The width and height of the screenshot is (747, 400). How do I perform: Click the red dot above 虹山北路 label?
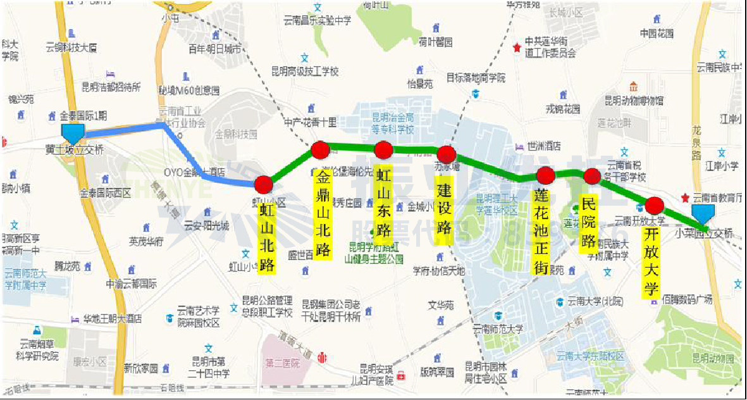(264, 185)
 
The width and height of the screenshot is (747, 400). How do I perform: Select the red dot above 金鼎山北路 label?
(320, 150)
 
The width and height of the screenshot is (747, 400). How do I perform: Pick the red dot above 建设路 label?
(447, 154)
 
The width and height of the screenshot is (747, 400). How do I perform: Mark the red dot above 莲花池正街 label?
(545, 175)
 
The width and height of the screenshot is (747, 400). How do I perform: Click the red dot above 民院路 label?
(592, 176)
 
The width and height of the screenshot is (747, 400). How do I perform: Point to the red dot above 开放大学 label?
(654, 205)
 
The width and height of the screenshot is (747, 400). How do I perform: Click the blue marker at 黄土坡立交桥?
(73, 133)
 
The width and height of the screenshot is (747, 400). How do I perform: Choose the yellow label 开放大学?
(651, 263)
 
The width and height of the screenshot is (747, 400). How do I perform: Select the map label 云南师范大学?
(498, 329)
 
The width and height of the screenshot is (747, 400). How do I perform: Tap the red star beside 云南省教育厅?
(684, 198)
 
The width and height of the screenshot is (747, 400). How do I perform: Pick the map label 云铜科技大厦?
(71, 47)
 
